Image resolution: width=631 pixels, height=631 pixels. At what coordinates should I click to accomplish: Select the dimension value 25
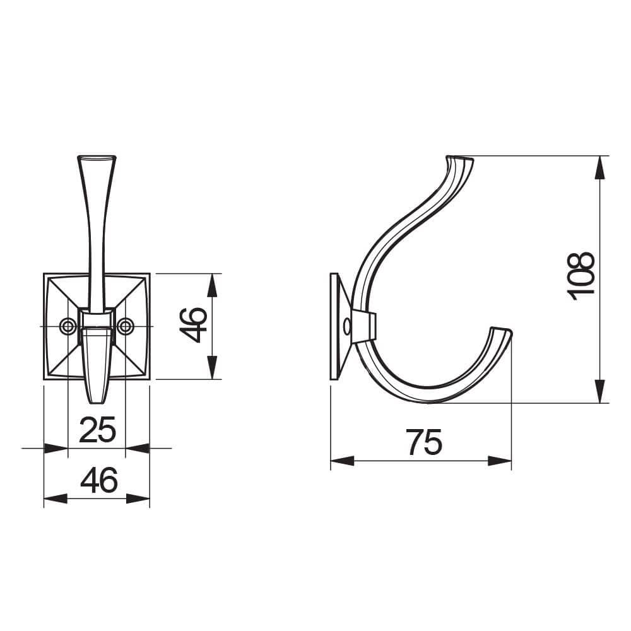coord(97,430)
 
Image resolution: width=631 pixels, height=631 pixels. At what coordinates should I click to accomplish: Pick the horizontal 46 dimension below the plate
coord(98,481)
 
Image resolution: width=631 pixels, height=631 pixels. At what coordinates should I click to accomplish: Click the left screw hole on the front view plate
coord(67,326)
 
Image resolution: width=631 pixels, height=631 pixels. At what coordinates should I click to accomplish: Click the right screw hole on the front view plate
coord(126,326)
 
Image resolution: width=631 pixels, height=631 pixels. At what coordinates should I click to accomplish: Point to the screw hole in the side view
coord(346,326)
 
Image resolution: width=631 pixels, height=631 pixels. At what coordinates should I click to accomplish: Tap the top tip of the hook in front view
coord(97,156)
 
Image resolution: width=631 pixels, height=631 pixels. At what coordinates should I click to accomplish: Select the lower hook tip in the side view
coord(502,331)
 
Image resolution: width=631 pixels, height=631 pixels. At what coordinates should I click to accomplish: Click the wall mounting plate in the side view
coord(335,326)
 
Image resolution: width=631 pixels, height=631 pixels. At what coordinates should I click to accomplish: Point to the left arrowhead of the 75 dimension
coord(341,461)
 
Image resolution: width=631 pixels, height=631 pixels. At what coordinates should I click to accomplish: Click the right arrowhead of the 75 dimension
coord(501,461)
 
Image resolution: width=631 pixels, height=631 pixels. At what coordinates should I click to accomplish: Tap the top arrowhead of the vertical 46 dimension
coord(213,285)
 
